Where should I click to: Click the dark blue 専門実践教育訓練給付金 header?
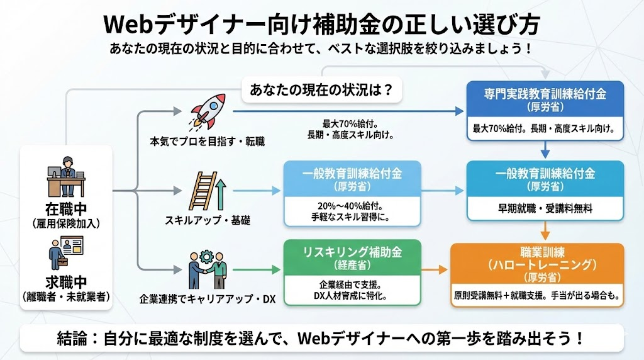545,100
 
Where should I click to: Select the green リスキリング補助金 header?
352,258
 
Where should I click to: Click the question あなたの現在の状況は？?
322,90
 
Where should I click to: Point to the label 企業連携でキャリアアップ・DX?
208,296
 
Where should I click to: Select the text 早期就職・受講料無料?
545,209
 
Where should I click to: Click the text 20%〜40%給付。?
352,206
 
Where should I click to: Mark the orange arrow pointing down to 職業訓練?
545,229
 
